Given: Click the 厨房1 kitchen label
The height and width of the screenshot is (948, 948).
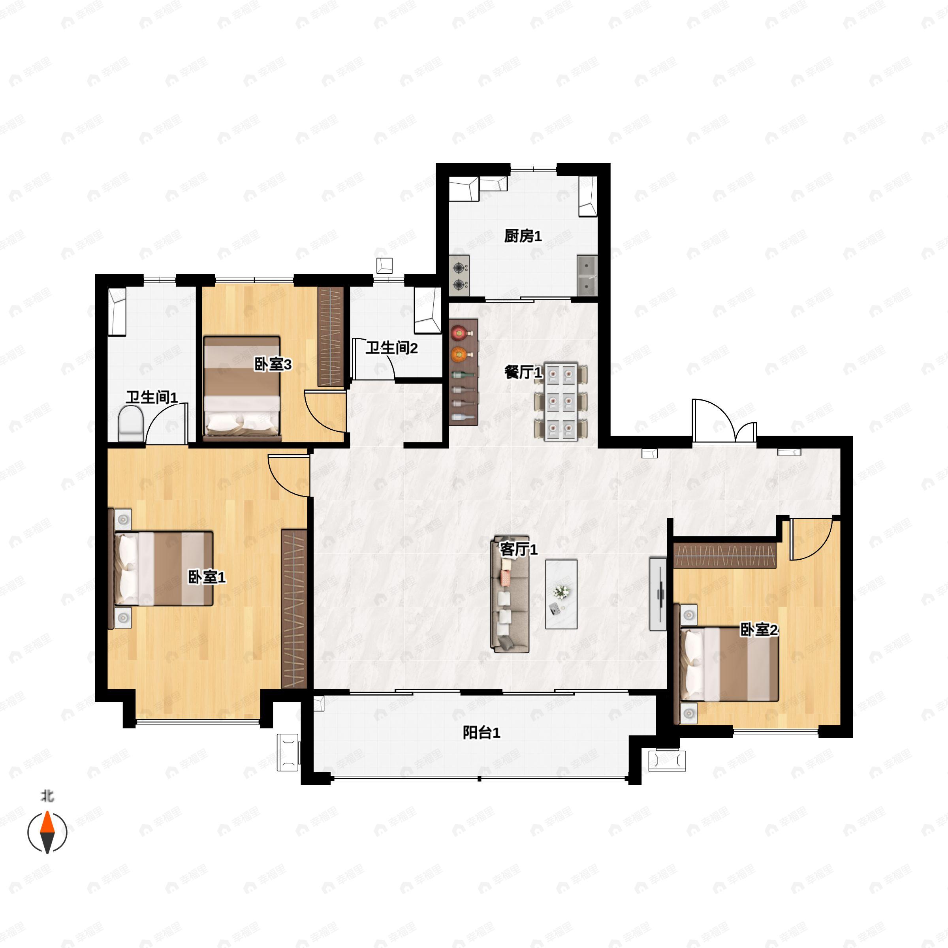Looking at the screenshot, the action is pyautogui.click(x=523, y=236).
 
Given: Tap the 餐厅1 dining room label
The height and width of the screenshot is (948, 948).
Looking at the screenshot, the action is pyautogui.click(x=523, y=372).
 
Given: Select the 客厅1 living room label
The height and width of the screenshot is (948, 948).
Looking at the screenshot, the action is pyautogui.click(x=519, y=549).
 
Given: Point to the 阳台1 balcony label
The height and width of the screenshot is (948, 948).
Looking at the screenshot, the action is pyautogui.click(x=482, y=733).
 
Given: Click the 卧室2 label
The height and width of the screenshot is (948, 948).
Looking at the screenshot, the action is pyautogui.click(x=759, y=630).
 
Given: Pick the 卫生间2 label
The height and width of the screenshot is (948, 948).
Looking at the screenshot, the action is pyautogui.click(x=391, y=348).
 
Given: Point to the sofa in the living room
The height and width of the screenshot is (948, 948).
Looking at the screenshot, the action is pyautogui.click(x=510, y=594).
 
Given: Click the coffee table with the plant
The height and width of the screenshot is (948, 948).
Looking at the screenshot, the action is pyautogui.click(x=561, y=594).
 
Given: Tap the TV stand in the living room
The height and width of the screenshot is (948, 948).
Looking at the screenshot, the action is pyautogui.click(x=658, y=594).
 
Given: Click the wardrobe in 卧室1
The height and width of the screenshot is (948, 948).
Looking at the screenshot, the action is pyautogui.click(x=294, y=608).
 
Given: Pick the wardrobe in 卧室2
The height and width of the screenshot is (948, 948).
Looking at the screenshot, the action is pyautogui.click(x=724, y=555).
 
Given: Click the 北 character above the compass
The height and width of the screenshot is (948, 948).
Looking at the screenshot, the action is pyautogui.click(x=47, y=796).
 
